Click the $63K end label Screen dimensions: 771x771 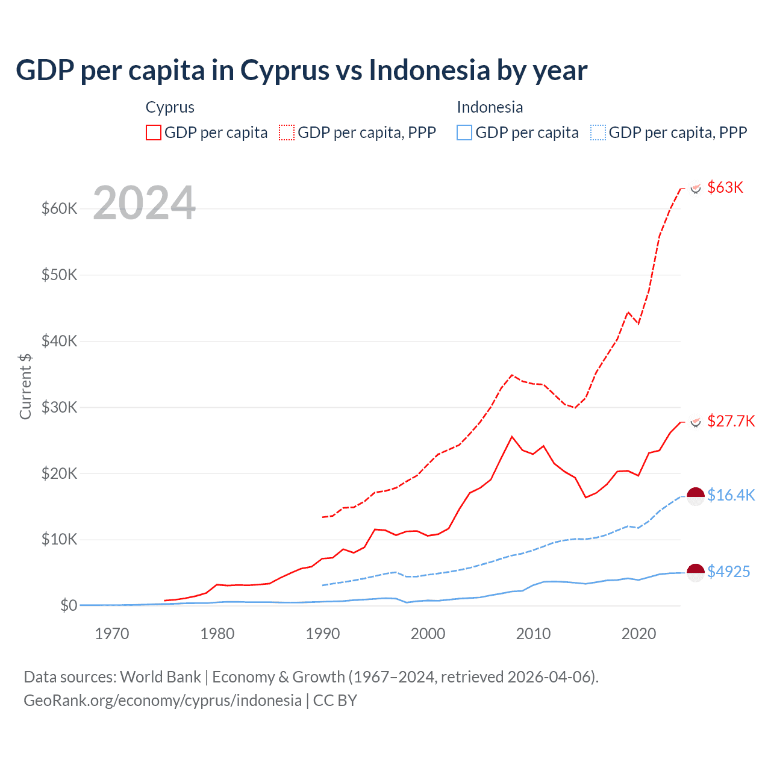[725, 187]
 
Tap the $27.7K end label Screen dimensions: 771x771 [731, 421]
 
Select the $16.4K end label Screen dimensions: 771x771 [731, 495]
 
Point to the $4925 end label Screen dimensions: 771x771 [728, 572]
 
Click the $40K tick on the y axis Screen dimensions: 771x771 [59, 342]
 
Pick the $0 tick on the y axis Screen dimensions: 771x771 [69, 605]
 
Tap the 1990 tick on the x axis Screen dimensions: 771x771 [323, 634]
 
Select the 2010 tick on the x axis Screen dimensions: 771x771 [533, 634]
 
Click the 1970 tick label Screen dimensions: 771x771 [112, 634]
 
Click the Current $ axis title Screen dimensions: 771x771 [25, 386]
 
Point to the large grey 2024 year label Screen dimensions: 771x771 [144, 203]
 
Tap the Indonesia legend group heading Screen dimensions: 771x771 [490, 107]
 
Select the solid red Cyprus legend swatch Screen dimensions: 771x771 [154, 133]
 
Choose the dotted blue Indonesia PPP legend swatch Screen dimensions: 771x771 [598, 133]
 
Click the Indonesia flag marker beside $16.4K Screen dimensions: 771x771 [696, 496]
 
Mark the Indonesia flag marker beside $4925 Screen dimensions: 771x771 [696, 572]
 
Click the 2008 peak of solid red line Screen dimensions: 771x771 [512, 437]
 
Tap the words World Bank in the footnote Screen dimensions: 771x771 [160, 677]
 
